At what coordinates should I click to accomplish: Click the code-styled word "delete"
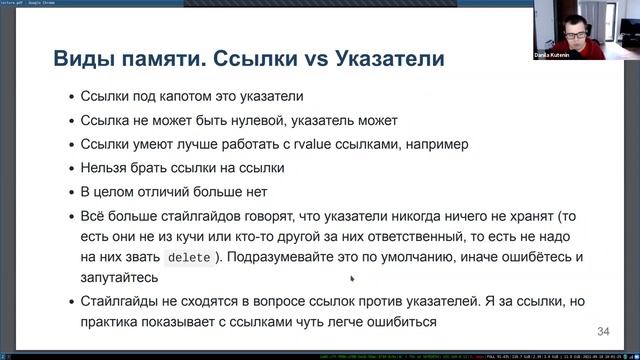(x=189, y=258)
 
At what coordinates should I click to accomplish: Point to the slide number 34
(x=603, y=331)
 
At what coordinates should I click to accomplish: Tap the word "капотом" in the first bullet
(x=183, y=98)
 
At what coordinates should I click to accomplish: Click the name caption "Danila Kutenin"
(x=580, y=53)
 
